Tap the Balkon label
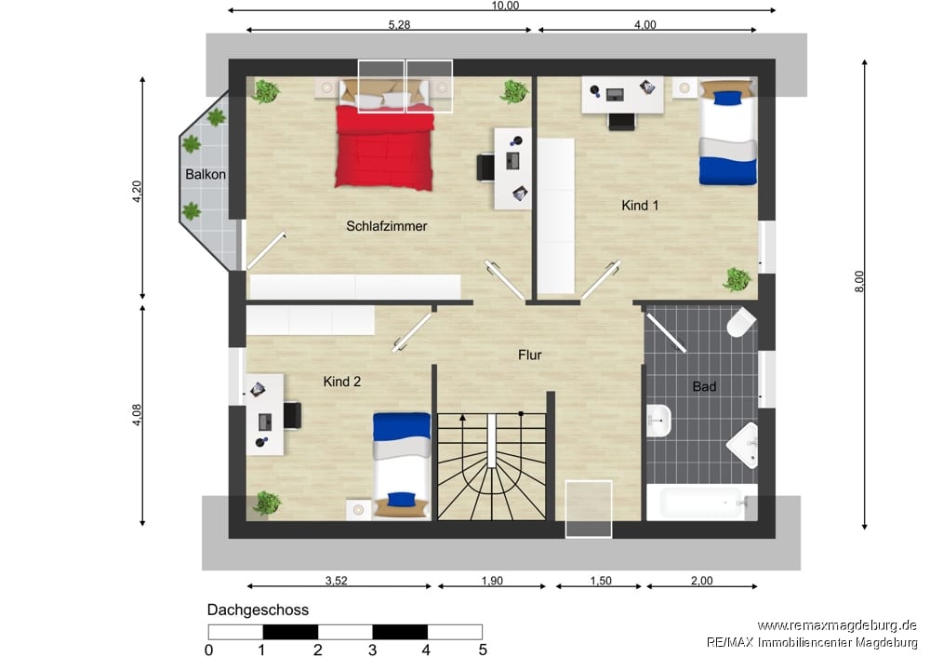[x=206, y=175]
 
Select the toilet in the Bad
[x=741, y=322]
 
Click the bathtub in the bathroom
[x=701, y=503]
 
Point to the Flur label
[x=530, y=355]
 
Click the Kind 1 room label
[x=640, y=206]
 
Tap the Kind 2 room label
[x=341, y=382]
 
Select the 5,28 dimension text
[x=399, y=24]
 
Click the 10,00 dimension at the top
[x=505, y=6]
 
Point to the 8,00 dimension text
[x=858, y=281]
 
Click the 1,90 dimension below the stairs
[x=492, y=581]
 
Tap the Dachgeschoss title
[x=258, y=610]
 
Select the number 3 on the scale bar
[x=373, y=650]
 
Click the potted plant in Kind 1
[x=737, y=279]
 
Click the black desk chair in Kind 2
[x=292, y=415]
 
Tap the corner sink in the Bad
[x=744, y=445]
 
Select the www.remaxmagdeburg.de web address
[x=837, y=625]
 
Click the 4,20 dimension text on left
[x=137, y=191]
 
